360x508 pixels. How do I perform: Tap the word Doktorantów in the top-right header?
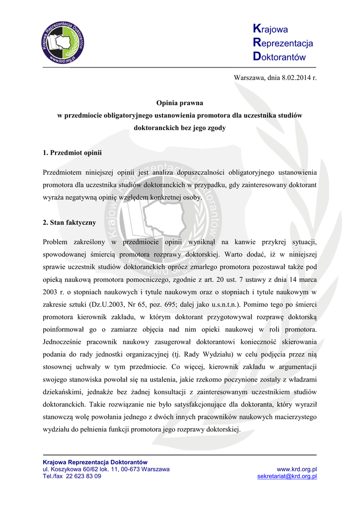[279, 57]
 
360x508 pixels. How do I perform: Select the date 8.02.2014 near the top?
[295, 78]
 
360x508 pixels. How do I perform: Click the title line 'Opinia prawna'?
[180, 103]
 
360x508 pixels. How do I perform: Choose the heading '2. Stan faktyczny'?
[70, 223]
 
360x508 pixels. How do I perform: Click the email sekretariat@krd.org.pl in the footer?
[287, 476]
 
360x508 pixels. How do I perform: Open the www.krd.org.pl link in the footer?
[297, 469]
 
